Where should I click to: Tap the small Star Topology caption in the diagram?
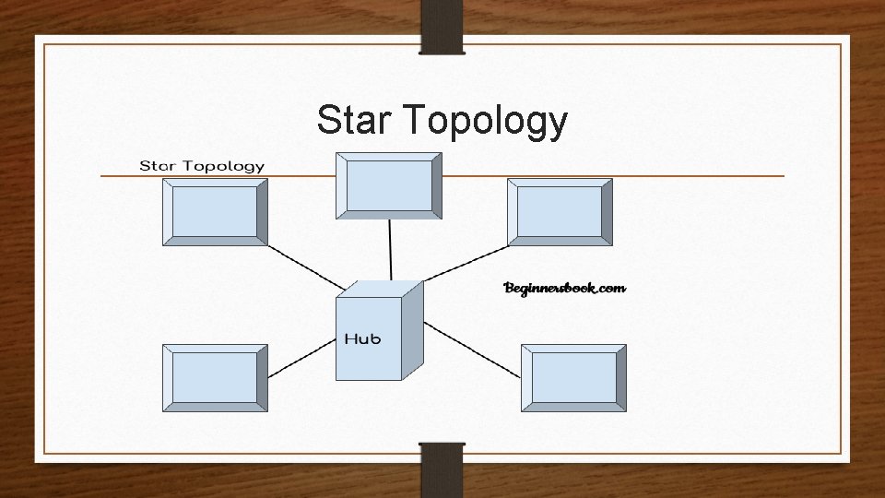pos(202,167)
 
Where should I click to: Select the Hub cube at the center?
pos(373,334)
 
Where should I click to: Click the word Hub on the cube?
pos(362,338)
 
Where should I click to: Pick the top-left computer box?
pos(215,213)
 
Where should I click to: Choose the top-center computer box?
pos(388,185)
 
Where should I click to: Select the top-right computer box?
pos(560,213)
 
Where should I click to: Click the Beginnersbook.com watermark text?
pos(564,289)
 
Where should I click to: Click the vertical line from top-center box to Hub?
pos(390,249)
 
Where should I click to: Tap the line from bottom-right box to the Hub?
pos(473,350)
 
